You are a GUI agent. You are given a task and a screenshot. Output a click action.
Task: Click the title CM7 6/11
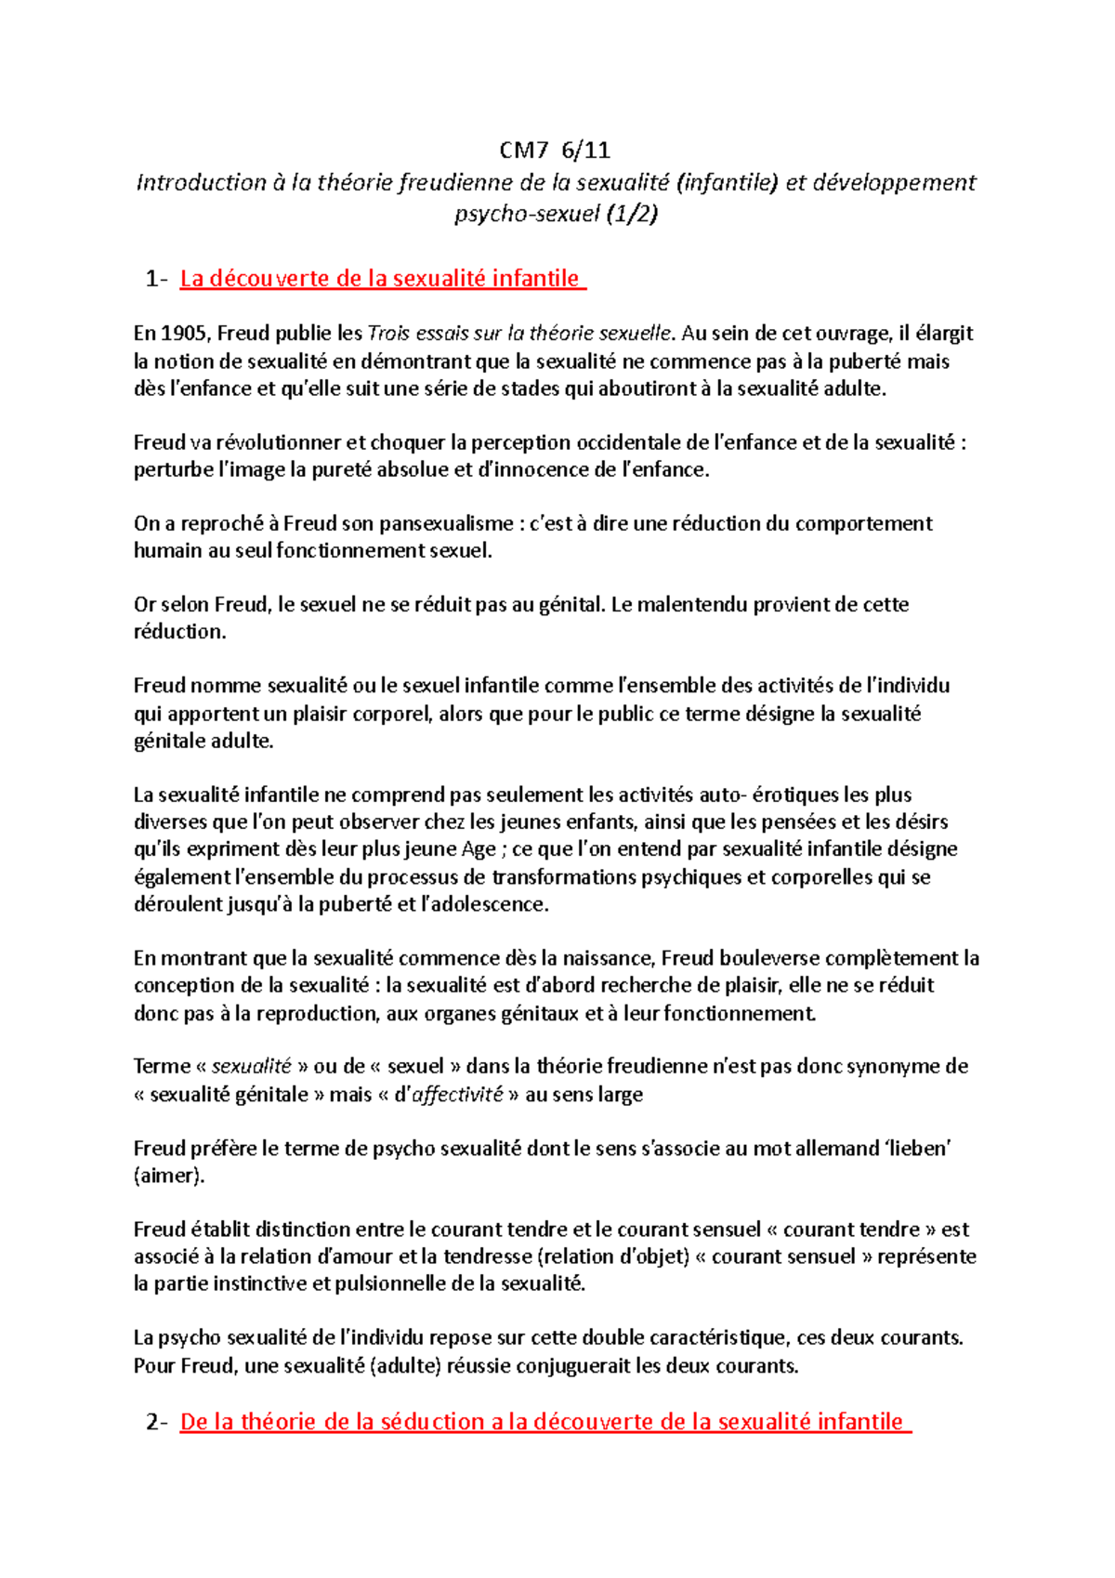[x=555, y=151]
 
